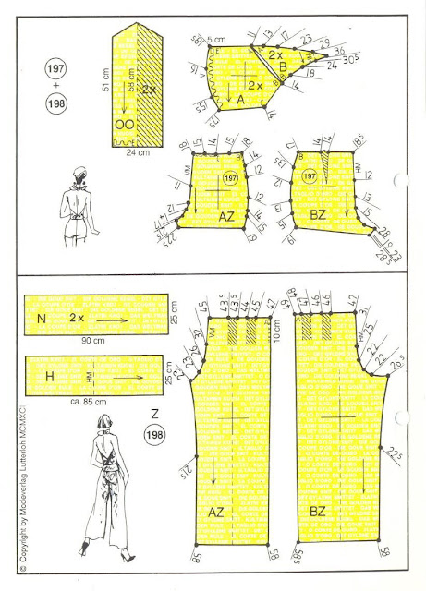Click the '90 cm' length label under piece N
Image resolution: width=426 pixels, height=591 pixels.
coord(94,342)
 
